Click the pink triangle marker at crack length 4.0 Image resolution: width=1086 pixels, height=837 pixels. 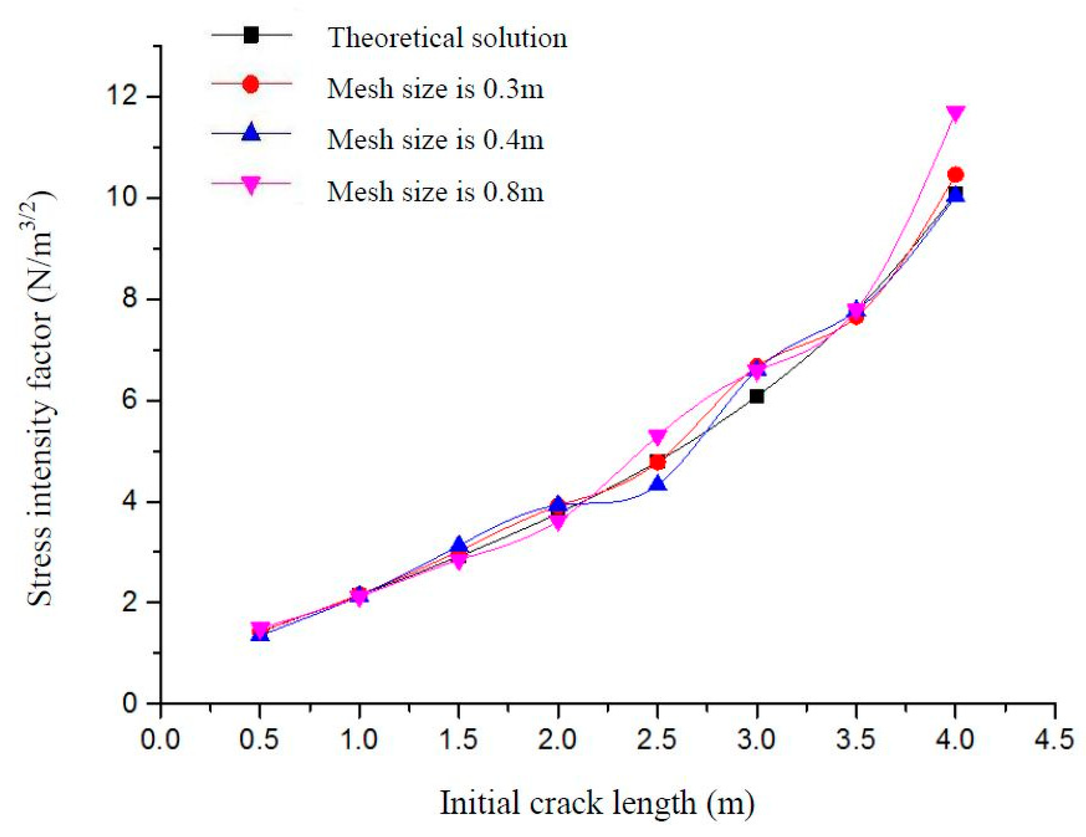[x=955, y=113]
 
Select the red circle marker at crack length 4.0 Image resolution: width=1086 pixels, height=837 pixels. [x=955, y=175]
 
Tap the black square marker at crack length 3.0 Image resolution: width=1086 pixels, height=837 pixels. [x=756, y=396]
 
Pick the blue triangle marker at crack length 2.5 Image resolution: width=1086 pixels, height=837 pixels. [x=657, y=483]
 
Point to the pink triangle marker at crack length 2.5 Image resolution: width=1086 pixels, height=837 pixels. [x=657, y=436]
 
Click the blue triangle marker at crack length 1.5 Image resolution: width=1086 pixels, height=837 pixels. [x=458, y=545]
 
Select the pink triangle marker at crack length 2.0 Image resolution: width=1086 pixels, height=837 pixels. [x=558, y=523]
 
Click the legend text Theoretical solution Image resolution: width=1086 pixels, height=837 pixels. [x=447, y=38]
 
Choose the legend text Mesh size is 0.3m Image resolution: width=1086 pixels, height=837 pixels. [x=435, y=89]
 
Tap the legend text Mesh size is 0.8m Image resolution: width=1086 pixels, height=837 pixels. [x=435, y=191]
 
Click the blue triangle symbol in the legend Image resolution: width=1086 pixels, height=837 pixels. [x=251, y=132]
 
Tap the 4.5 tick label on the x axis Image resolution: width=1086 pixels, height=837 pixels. [x=1054, y=740]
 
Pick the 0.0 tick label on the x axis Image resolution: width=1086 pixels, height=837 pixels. [x=160, y=740]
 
